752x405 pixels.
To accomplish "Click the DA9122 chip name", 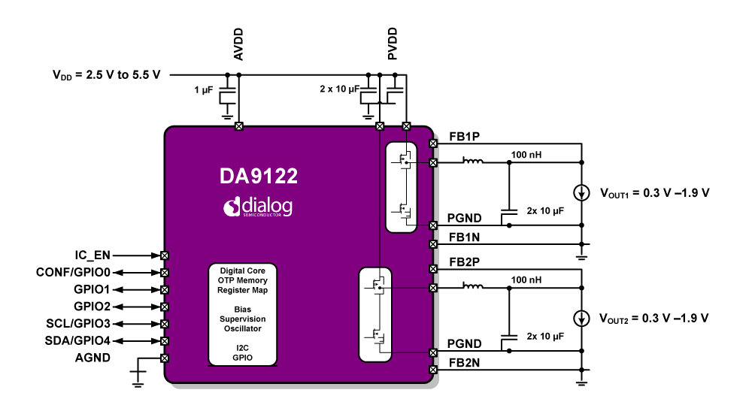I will (x=258, y=177).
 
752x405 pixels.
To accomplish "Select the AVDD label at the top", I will (x=238, y=46).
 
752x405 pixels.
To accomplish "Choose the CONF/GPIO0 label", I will (x=73, y=272).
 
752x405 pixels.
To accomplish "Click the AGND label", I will (x=92, y=358).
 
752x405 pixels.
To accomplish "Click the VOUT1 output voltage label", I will (x=654, y=192).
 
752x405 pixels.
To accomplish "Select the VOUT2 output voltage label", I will (x=654, y=317).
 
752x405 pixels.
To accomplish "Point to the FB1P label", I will (x=465, y=136).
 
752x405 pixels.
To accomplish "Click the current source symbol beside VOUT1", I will (x=581, y=192).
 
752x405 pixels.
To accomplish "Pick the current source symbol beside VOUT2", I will (x=581, y=317).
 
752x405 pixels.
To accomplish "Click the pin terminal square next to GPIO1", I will (x=165, y=289).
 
